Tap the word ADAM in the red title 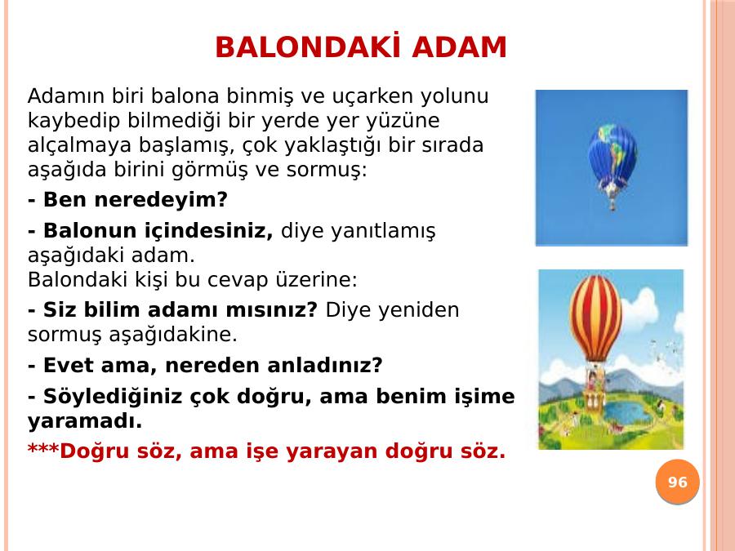pos(459,47)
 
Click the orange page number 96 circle pos(677,482)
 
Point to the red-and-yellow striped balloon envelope pos(595,318)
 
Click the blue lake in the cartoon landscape pos(626,411)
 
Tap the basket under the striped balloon pos(594,401)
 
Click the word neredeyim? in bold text pos(161,200)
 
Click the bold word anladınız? pos(325,366)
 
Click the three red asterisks pos(43,449)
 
